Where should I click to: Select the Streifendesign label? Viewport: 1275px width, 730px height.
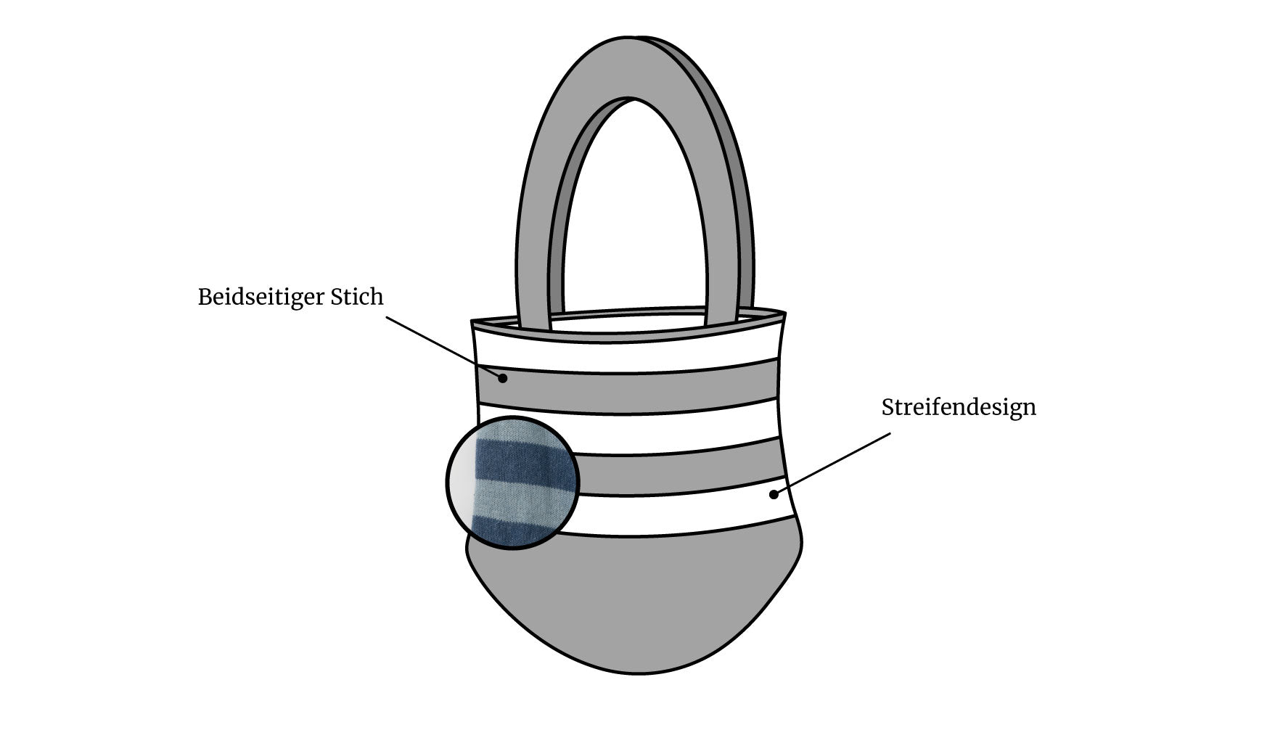pyautogui.click(x=959, y=407)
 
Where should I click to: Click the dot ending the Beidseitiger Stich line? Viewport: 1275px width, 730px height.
pyautogui.click(x=502, y=377)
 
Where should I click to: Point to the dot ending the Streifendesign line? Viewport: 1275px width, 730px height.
pyautogui.click(x=774, y=495)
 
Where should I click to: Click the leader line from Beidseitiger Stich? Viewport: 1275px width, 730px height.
pyautogui.click(x=443, y=347)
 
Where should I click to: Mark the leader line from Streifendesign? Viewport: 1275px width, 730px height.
pyautogui.click(x=832, y=464)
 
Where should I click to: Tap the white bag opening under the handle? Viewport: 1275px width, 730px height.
pyautogui.click(x=628, y=324)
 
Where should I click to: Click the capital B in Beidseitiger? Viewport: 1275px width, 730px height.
pyautogui.click(x=205, y=297)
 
